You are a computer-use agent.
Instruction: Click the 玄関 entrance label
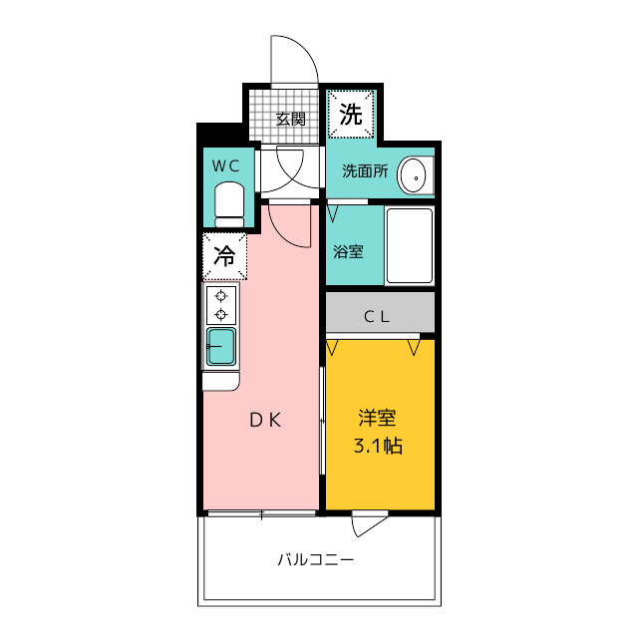290,120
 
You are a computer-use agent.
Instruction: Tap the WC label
226,166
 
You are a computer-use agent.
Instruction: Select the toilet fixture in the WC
229,204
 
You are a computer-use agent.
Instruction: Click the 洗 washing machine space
350,115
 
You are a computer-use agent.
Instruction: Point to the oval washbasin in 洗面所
413,175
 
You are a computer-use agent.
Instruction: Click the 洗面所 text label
365,171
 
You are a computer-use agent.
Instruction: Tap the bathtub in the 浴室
410,245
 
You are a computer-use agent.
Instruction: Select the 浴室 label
348,251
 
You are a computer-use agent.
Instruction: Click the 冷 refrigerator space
224,256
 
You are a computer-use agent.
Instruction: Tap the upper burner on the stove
221,296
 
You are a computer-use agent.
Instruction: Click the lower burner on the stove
221,315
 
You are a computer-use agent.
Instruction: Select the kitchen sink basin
221,346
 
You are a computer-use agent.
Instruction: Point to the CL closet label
377,317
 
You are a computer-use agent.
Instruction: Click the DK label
265,420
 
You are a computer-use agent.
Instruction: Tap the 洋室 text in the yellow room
377,418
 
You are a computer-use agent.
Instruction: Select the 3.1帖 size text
378,446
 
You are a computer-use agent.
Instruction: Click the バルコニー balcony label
316,560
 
